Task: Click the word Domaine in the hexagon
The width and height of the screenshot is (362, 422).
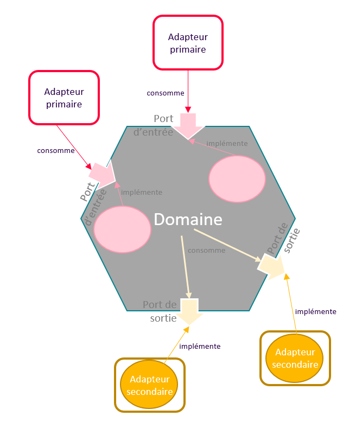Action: [188, 219]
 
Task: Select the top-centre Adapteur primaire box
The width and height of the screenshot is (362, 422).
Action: [188, 42]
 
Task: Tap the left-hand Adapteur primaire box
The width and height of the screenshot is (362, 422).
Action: [64, 98]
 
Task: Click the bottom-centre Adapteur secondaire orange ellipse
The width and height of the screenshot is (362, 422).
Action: [149, 385]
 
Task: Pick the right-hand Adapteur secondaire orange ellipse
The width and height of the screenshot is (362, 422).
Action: [295, 358]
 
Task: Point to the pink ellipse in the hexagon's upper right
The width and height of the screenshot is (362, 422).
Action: [237, 178]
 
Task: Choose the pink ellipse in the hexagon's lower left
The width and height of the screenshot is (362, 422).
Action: [122, 229]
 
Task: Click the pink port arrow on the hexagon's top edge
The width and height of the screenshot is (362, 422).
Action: [188, 126]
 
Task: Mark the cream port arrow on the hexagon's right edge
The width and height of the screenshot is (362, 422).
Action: [271, 266]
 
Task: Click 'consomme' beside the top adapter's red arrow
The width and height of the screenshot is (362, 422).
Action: [166, 93]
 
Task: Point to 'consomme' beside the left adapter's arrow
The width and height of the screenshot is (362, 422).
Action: [56, 150]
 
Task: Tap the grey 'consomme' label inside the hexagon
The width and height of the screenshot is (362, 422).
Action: [207, 250]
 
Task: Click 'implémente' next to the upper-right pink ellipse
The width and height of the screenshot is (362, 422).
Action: [227, 143]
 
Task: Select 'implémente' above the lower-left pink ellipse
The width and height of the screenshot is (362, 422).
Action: [142, 192]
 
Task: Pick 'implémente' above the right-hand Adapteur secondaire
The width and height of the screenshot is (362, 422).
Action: [316, 312]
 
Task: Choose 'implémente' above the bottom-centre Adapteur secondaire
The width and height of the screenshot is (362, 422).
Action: [200, 346]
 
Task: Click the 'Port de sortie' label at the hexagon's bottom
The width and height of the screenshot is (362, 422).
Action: [160, 311]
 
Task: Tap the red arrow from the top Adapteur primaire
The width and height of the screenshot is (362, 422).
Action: [188, 92]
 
